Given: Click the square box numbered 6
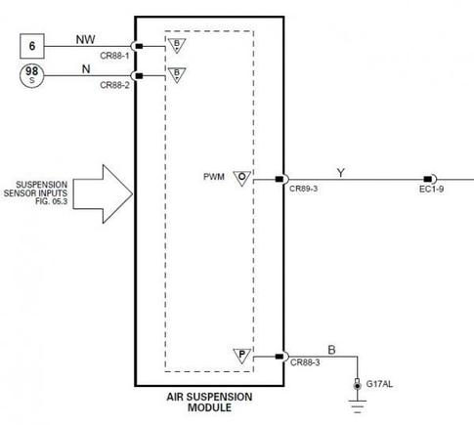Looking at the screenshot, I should [34, 46].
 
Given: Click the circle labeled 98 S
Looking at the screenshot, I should [34, 77].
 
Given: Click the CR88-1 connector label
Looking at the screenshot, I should [115, 57].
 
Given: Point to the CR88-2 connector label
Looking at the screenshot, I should [115, 86].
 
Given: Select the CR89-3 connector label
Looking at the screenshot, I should [305, 190].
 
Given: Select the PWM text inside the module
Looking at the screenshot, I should [212, 177].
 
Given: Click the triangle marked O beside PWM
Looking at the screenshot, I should [241, 177].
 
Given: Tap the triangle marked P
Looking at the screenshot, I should [241, 353].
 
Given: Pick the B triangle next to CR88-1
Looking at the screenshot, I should [177, 45].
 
